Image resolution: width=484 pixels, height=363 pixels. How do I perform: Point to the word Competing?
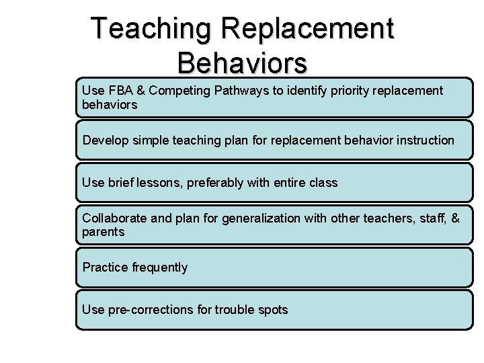[x=178, y=90]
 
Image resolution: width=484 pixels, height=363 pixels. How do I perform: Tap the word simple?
[x=150, y=140]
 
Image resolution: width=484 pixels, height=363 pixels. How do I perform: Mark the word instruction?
[x=426, y=140]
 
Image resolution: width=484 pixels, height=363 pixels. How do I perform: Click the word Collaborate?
[x=110, y=218]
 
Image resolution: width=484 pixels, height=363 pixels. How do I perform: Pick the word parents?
[x=104, y=232]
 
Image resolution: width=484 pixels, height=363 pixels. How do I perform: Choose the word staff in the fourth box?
[x=428, y=218]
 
